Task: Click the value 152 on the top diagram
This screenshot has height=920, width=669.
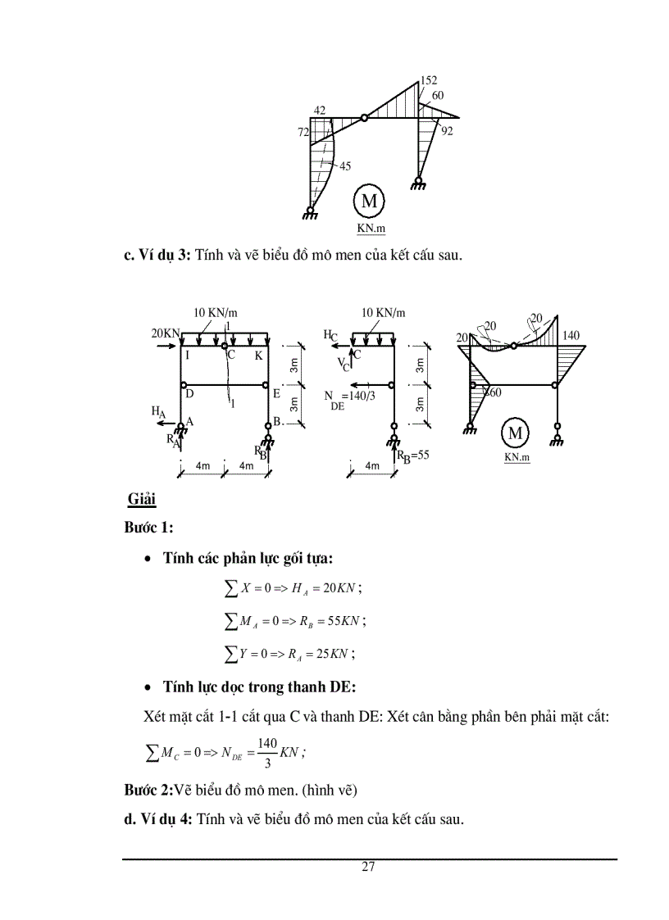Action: coord(429,80)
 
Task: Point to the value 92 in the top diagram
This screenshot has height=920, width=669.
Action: coord(447,130)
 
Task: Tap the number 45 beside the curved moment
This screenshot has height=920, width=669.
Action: coord(345,166)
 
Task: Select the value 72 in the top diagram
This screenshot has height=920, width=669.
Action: coord(303,132)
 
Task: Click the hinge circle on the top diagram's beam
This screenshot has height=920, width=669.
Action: coord(365,118)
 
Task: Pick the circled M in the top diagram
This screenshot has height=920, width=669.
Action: coord(369,201)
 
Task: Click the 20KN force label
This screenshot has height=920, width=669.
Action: coord(165,333)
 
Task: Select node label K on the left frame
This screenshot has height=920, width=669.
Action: coord(258,356)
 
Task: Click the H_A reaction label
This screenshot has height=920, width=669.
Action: coord(158,411)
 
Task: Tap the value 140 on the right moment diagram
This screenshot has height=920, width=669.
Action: coord(571,336)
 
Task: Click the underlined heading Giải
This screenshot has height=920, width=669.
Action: coord(142,499)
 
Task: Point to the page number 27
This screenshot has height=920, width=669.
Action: coord(368,868)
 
